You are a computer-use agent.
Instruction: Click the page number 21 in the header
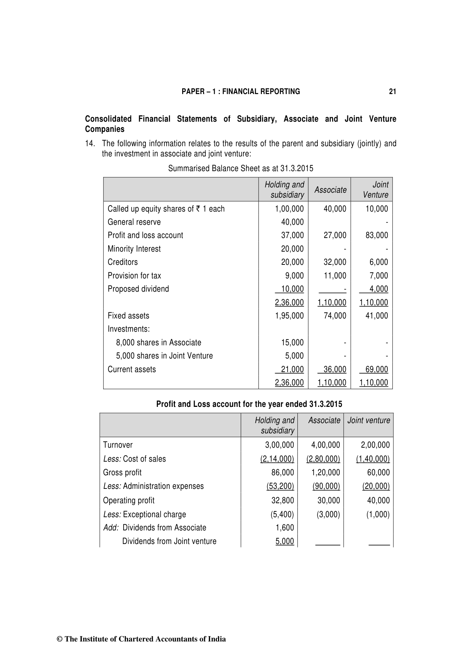pyautogui.click(x=392, y=91)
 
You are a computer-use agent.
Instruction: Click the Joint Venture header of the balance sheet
pyautogui.click(x=375, y=190)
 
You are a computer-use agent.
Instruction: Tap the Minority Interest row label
pyautogui.click(x=134, y=249)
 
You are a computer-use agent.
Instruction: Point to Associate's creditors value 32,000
pyautogui.click(x=335, y=262)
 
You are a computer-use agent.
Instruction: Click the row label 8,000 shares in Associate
pyautogui.click(x=158, y=343)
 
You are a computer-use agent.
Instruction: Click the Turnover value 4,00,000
pyautogui.click(x=325, y=445)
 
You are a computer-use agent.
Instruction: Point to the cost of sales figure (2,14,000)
pyautogui.click(x=277, y=459)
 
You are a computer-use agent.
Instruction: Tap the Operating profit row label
pyautogui.click(x=128, y=501)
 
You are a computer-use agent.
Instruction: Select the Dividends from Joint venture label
pyautogui.click(x=169, y=541)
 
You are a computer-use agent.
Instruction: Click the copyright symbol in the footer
pyautogui.click(x=59, y=639)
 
